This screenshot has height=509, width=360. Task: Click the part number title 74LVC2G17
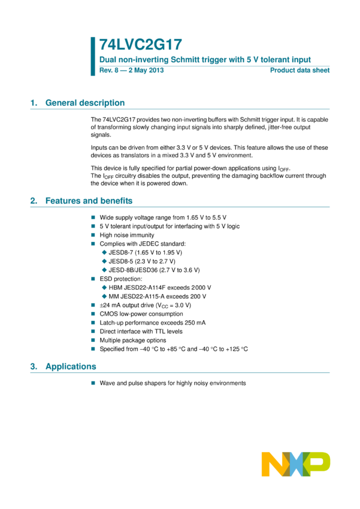140,45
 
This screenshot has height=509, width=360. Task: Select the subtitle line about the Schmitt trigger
205,60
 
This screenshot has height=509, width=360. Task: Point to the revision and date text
131,70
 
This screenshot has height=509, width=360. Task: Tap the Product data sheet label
300,70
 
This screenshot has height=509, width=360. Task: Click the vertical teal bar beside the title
93,56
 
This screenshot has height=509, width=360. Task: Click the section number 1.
33,103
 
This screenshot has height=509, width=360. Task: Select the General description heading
85,103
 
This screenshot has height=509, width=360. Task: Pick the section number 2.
33,201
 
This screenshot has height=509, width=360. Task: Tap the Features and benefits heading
89,201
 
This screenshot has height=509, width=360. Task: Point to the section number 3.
33,366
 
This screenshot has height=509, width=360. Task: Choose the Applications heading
71,366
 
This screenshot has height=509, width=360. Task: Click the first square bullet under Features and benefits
93,218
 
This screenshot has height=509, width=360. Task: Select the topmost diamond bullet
104,252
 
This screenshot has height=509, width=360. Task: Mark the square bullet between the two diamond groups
93,279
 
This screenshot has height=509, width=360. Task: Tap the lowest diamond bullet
104,296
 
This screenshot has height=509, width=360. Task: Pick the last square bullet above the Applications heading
93,349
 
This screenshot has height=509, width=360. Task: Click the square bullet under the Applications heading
93,383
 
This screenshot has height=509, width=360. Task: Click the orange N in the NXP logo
273,464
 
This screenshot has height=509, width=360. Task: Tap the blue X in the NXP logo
296,464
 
